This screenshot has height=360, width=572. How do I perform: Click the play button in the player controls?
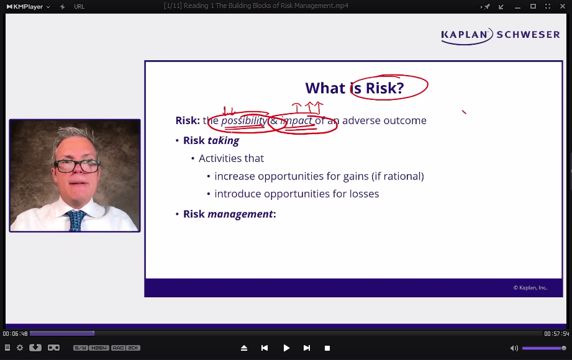point(286,348)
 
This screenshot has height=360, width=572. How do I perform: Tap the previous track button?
point(265,348)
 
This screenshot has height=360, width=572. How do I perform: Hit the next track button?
point(307,348)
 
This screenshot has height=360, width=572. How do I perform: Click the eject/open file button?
point(244,348)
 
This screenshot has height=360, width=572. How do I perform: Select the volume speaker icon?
point(514,348)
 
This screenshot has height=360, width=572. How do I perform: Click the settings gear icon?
point(20,348)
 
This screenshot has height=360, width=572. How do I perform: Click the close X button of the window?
point(563,6)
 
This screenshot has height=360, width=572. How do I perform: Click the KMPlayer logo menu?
point(28,7)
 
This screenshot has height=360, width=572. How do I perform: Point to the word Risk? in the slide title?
point(385,88)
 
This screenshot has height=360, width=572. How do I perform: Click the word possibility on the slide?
point(244,120)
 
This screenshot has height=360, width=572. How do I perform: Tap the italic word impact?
point(296,121)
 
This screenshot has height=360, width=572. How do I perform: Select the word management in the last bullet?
point(240,214)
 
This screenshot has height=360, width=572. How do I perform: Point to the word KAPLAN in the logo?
point(465,35)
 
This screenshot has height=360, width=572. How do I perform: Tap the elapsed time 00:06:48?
point(16,333)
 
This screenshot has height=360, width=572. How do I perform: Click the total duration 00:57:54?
point(556,333)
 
